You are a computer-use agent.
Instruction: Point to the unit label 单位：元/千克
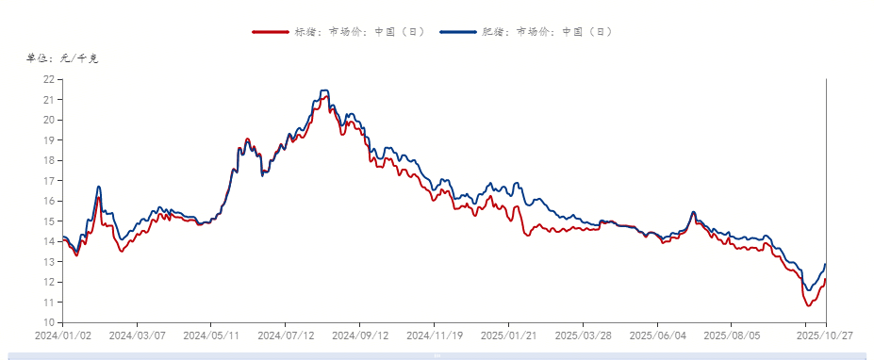coord(62,57)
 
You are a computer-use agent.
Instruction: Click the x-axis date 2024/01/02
coord(62,335)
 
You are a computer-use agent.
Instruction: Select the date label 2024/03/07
coord(137,335)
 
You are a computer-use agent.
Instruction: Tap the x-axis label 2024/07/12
coord(286,335)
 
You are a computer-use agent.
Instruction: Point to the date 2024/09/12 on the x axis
coord(360,335)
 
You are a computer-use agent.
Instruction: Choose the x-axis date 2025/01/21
coord(509,335)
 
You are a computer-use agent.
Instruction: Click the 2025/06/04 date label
coord(658,335)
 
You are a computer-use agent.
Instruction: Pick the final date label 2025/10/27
coord(824,335)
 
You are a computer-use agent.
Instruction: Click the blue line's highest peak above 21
coord(324,90)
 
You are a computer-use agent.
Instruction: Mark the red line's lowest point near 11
coord(808,305)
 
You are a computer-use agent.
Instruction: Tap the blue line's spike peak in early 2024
coord(99,187)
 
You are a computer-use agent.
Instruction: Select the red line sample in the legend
coord(271,32)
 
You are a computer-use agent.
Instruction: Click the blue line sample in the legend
coord(457,32)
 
